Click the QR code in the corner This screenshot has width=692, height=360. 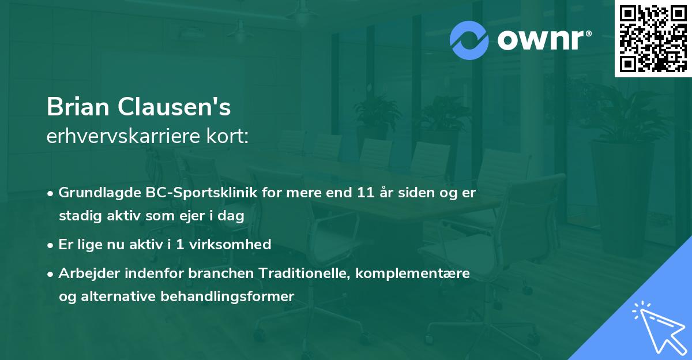tap(653, 38)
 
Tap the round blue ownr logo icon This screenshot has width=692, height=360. tap(469, 40)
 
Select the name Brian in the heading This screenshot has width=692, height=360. tap(78, 107)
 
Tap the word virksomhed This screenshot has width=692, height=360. tap(235, 245)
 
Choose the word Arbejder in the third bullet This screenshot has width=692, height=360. tap(86, 273)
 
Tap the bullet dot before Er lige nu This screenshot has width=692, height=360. tap(51, 245)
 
